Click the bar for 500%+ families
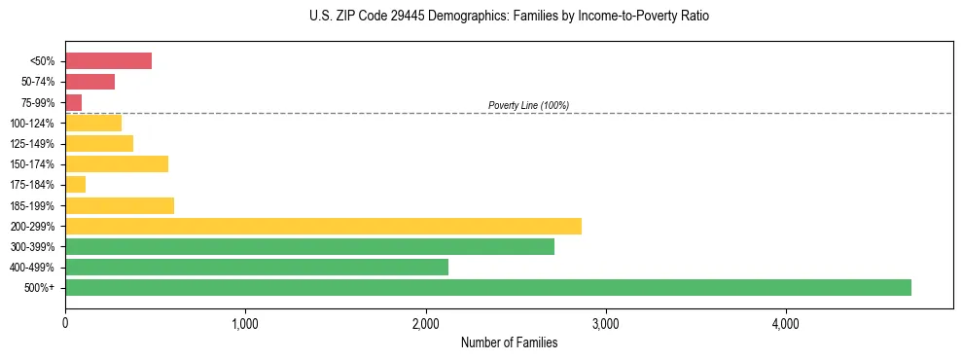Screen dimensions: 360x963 click(x=487, y=287)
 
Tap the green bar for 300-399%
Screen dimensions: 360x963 click(x=309, y=246)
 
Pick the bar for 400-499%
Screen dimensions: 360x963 click(x=257, y=267)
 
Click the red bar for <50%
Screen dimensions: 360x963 click(x=108, y=61)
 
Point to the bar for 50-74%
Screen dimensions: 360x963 click(x=89, y=82)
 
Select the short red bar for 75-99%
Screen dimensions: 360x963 click(x=74, y=102)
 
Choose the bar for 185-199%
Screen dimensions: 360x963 click(x=120, y=205)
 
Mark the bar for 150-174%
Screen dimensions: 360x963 click(x=117, y=163)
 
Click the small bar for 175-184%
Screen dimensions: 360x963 click(x=76, y=184)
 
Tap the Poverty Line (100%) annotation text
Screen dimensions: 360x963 click(x=528, y=105)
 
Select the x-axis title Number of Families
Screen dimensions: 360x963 click(x=509, y=342)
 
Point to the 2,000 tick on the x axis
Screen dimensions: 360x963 click(x=425, y=323)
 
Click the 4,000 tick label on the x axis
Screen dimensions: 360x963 click(x=785, y=323)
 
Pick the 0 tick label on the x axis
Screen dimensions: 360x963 click(x=65, y=323)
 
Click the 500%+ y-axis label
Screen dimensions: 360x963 click(x=41, y=288)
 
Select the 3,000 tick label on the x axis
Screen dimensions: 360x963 click(x=605, y=323)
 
